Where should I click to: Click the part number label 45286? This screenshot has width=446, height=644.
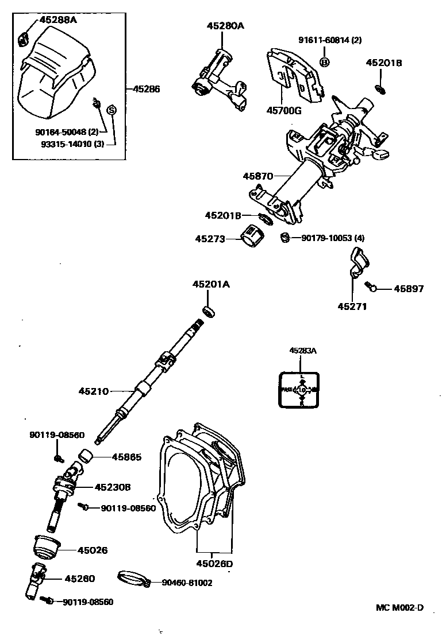pyautogui.click(x=146, y=89)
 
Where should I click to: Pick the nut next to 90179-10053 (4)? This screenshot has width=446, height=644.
pyautogui.click(x=283, y=237)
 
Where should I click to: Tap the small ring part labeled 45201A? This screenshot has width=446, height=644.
pyautogui.click(x=210, y=311)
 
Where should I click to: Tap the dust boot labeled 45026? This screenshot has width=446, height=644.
pyautogui.click(x=47, y=546)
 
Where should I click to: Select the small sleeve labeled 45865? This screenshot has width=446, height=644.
pyautogui.click(x=87, y=457)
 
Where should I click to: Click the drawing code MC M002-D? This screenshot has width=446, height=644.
pyautogui.click(x=399, y=608)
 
